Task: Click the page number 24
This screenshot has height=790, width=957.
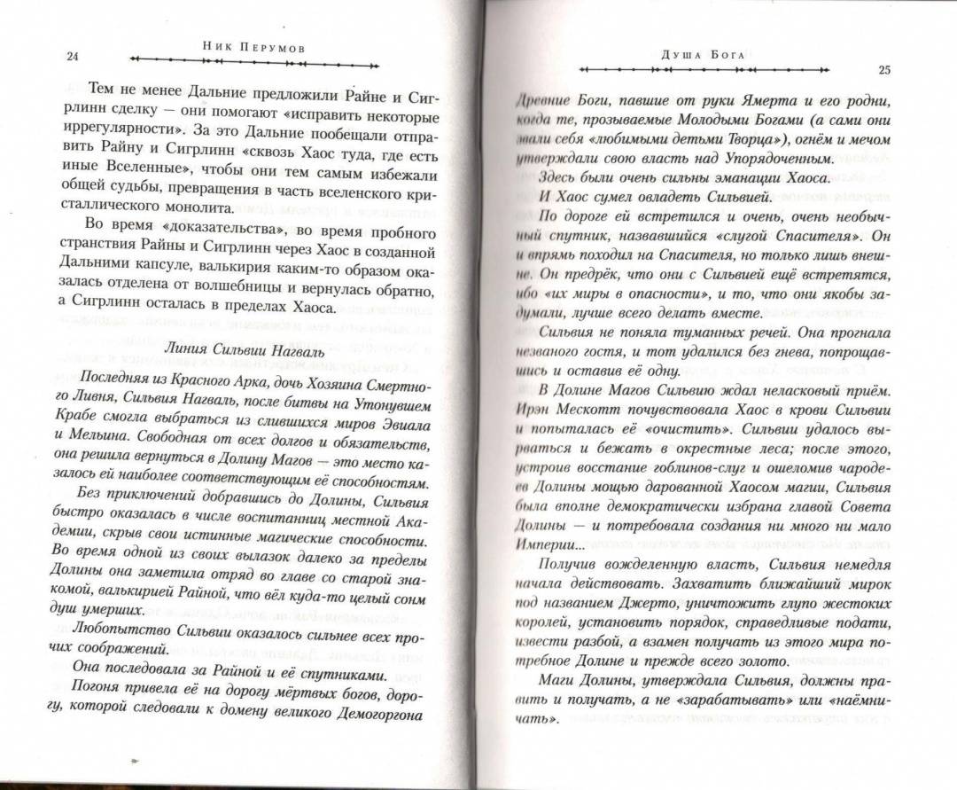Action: coord(73,58)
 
